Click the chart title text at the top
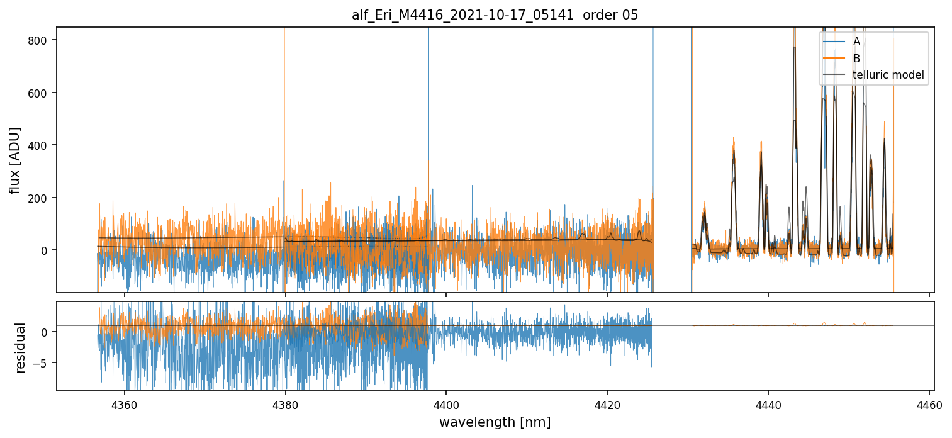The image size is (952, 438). click(495, 15)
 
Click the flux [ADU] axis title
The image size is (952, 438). click(14, 160)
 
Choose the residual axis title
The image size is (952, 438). click(20, 347)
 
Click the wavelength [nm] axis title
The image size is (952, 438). click(495, 422)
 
